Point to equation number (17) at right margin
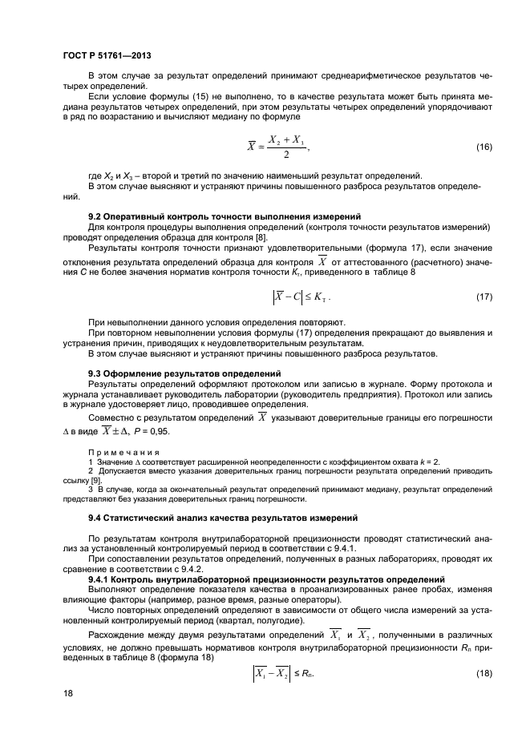click(484, 297)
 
